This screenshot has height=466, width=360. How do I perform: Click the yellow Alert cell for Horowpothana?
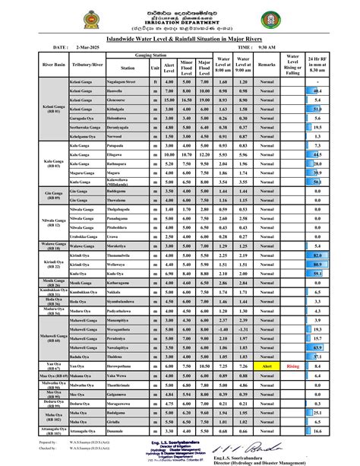[267, 366]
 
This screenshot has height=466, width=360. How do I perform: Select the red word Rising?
[293, 366]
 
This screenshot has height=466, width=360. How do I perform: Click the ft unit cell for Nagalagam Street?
[156, 81]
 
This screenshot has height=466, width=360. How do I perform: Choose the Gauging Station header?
[150, 56]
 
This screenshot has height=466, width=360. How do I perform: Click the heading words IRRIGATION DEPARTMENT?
[180, 24]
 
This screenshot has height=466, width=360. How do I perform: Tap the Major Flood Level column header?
[204, 67]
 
